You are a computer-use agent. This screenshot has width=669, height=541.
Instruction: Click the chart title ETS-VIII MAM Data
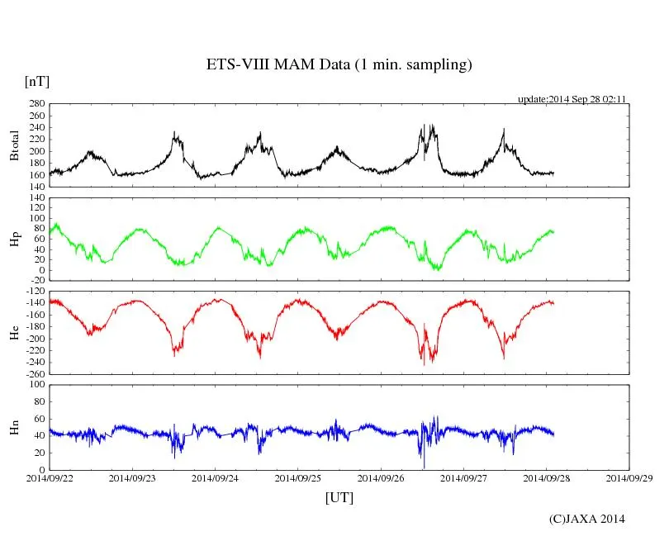coord(339,65)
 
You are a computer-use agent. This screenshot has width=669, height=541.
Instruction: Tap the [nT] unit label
coord(37,82)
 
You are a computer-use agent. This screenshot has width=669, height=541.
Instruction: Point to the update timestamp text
coord(572,98)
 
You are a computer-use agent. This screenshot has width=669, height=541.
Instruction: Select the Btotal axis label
coord(14,145)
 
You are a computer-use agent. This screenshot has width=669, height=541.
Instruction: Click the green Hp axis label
coord(14,239)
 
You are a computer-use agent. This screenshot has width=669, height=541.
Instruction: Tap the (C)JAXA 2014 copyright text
coord(586,519)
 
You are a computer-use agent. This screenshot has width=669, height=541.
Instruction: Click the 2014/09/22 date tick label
coord(50,477)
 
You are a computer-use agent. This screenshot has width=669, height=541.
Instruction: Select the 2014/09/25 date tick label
coord(297,477)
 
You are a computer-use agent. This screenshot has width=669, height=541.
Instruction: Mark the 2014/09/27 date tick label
coord(463,477)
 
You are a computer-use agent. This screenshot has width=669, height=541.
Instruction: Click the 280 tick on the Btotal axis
coord(36,104)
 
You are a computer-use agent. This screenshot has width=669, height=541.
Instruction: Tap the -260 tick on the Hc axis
coord(33,373)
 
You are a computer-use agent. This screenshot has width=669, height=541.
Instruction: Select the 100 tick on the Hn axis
coord(36,384)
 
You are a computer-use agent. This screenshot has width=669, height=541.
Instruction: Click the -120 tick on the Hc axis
coord(33,292)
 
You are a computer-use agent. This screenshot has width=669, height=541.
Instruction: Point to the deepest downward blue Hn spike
coord(423,467)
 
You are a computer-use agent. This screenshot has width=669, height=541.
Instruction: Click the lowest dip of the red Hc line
coord(424,364)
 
